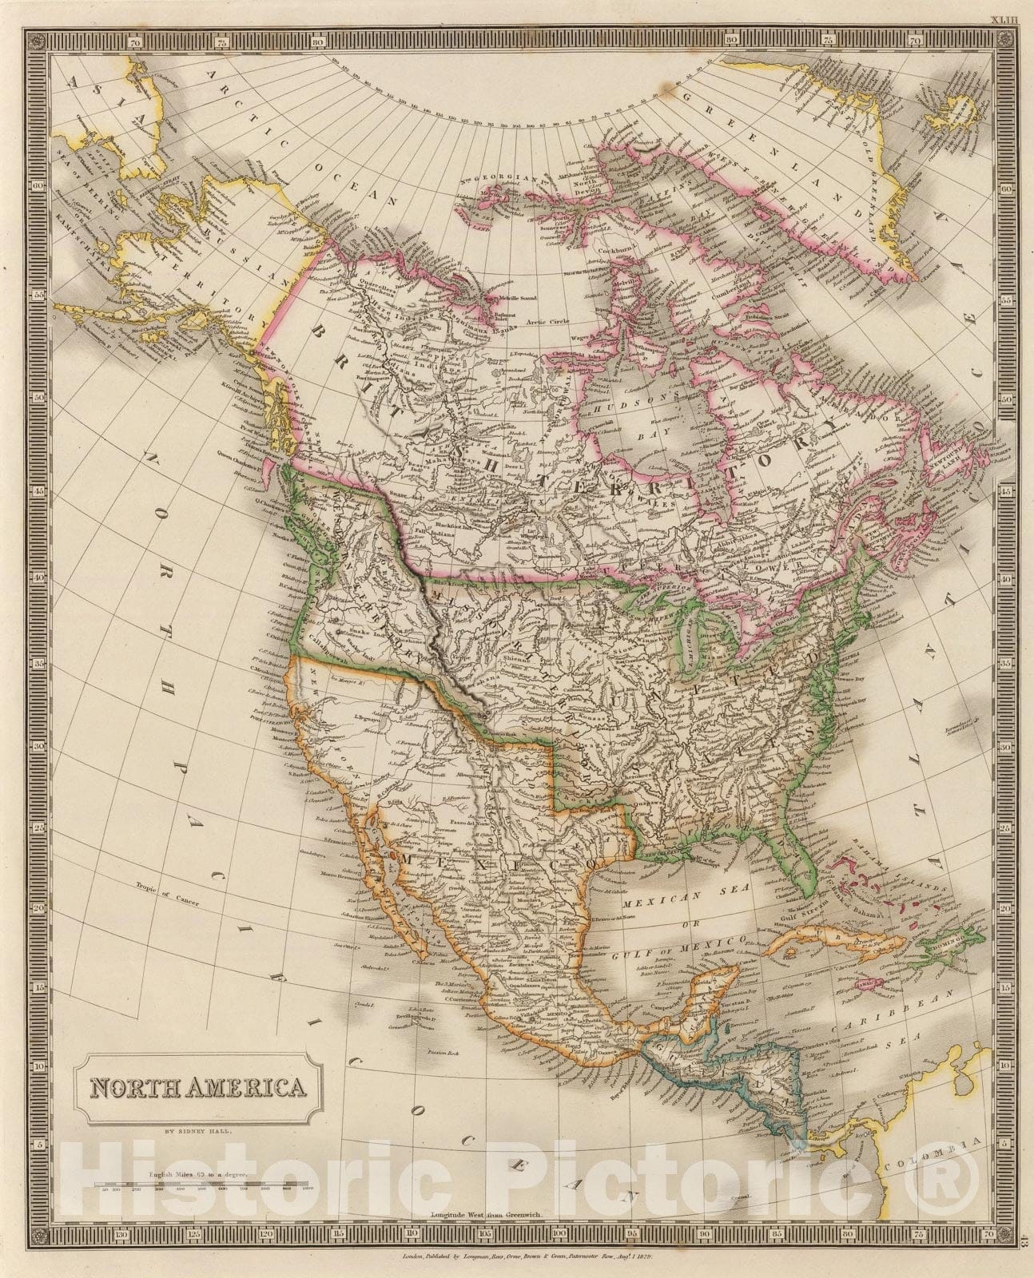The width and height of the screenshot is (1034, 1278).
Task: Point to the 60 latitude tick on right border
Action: tap(1006, 189)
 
